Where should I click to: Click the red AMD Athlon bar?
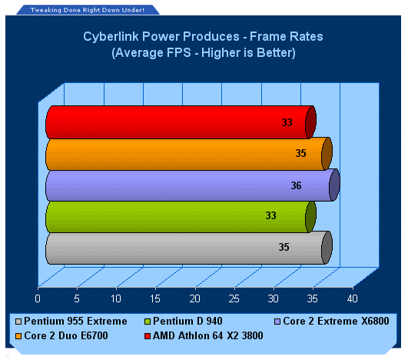pyautogui.click(x=181, y=122)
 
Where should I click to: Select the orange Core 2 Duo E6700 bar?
pyautogui.click(x=189, y=154)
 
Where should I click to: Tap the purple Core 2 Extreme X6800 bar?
pyautogui.click(x=193, y=185)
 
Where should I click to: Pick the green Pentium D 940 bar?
pyautogui.click(x=181, y=217)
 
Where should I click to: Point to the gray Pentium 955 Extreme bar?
pyautogui.click(x=189, y=248)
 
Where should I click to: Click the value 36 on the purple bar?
pyautogui.click(x=296, y=185)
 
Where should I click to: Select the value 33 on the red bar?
pyautogui.click(x=287, y=122)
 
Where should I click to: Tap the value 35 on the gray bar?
pyautogui.click(x=284, y=247)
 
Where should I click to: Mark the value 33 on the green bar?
pyautogui.click(x=271, y=215)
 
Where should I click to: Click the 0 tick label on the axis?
pyautogui.click(x=38, y=298)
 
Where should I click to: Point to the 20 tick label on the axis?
pyautogui.click(x=194, y=298)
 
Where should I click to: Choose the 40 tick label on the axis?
pyautogui.click(x=353, y=298)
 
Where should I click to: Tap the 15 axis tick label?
pyautogui.click(x=155, y=298)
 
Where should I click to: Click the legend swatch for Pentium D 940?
pyautogui.click(x=148, y=322)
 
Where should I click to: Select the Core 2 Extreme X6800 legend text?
pyautogui.click(x=336, y=321)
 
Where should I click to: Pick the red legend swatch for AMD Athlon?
pyautogui.click(x=148, y=336)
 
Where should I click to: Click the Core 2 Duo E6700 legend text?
pyautogui.click(x=66, y=335)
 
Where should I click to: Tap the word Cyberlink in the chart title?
pyautogui.click(x=111, y=37)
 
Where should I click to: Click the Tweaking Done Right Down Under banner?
pyautogui.click(x=88, y=10)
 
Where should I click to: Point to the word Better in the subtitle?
pyautogui.click(x=276, y=52)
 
